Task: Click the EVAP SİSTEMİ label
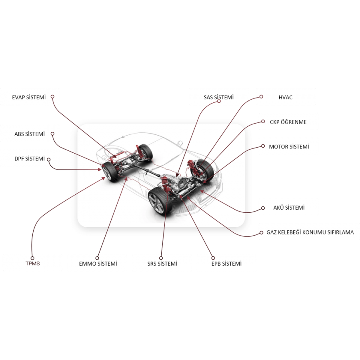coord(29,97)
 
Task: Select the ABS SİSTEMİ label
coord(29,134)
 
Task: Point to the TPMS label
coord(32,264)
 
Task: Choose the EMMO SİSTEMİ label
coord(98,264)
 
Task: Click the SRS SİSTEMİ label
coord(162,264)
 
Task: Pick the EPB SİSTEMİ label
coord(226,264)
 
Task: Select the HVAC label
coord(286,97)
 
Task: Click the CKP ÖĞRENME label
coord(288,122)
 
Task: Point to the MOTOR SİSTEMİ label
coord(289,147)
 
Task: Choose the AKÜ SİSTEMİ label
coord(288,208)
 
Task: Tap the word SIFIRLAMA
coord(340,232)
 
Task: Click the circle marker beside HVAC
coord(261,96)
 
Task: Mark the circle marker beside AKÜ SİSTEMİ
coord(263,208)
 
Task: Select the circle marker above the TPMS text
coord(32,258)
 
